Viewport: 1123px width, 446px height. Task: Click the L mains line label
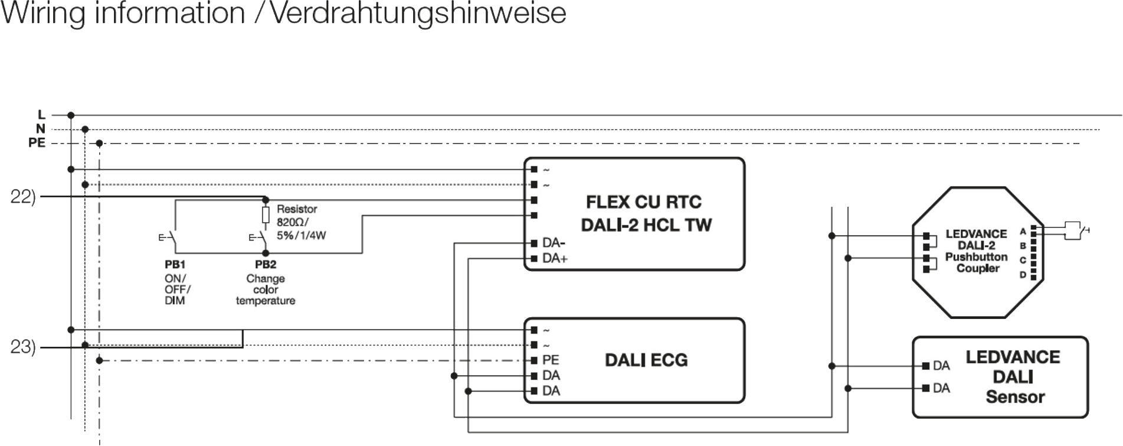(41, 115)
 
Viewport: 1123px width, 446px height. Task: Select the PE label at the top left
(37, 143)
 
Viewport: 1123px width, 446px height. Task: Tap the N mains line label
(40, 129)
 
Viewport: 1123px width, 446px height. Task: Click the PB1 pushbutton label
(175, 265)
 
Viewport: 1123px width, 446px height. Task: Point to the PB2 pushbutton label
(266, 265)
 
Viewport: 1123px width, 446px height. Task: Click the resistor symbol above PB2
(266, 214)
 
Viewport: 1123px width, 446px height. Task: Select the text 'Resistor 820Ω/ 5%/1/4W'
(300, 222)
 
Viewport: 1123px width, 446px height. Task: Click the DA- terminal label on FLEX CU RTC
(554, 243)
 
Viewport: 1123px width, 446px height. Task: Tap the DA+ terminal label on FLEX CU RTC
(555, 258)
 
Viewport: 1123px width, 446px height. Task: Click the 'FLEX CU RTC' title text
(643, 202)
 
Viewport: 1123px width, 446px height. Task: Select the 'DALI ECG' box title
(646, 360)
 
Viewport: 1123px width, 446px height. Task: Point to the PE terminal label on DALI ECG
(551, 360)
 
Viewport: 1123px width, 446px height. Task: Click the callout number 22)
(23, 197)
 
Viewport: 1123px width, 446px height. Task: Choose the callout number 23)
(23, 347)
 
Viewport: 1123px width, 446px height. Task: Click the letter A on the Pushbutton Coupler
(1023, 232)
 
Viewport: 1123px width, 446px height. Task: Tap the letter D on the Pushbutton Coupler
(1023, 275)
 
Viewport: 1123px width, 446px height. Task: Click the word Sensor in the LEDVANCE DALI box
(1015, 397)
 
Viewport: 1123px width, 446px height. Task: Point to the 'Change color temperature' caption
(266, 289)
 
